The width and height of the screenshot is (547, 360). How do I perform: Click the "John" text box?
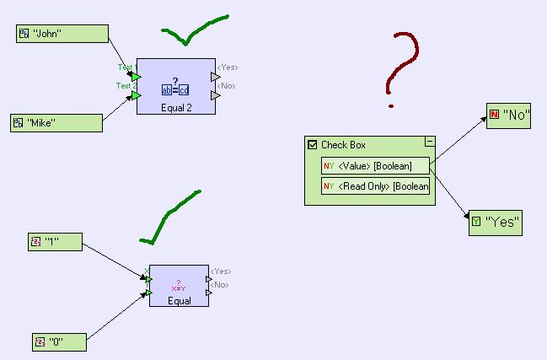click(x=62, y=34)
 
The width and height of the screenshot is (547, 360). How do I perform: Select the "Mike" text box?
click(x=56, y=122)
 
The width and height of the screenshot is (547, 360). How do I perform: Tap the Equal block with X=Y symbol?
click(x=179, y=286)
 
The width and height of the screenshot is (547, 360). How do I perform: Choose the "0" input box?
click(x=59, y=342)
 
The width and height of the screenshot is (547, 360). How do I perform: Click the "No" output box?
click(x=509, y=116)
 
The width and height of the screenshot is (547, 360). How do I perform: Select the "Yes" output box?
click(x=496, y=223)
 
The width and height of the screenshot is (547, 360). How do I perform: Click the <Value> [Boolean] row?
click(x=375, y=166)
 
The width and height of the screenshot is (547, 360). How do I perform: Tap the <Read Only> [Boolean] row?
click(x=375, y=186)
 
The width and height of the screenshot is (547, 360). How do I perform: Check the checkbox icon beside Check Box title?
click(x=313, y=145)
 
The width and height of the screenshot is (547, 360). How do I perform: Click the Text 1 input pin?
click(x=137, y=77)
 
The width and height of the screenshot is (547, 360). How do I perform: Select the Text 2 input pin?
click(x=137, y=95)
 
